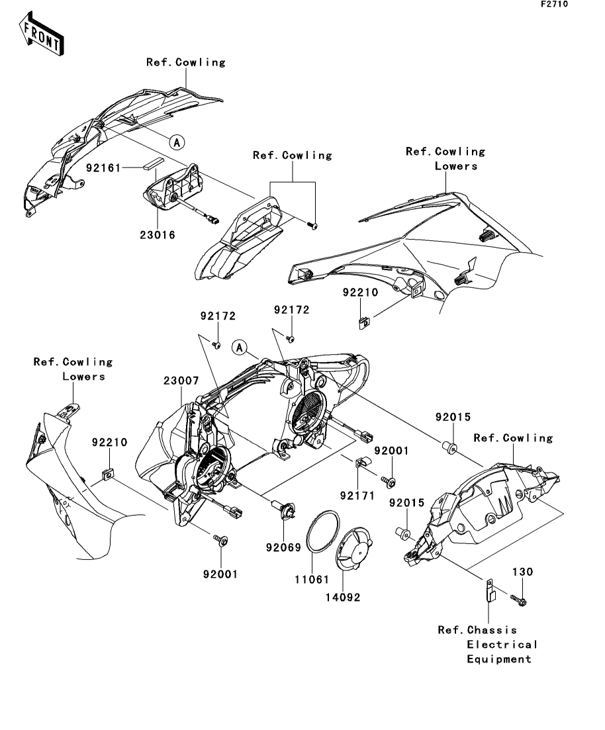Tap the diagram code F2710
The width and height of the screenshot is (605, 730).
pyautogui.click(x=554, y=4)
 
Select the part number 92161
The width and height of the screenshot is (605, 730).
pyautogui.click(x=103, y=169)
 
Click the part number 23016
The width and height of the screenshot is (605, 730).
pyautogui.click(x=158, y=234)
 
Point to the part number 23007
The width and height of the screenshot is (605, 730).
pyautogui.click(x=181, y=381)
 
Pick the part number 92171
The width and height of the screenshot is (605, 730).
pyautogui.click(x=357, y=494)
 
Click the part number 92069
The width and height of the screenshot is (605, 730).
pyautogui.click(x=284, y=547)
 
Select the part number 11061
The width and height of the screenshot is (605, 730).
pyautogui.click(x=311, y=579)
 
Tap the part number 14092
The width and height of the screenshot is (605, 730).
pyautogui.click(x=343, y=596)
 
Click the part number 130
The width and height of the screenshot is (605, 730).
pyautogui.click(x=522, y=570)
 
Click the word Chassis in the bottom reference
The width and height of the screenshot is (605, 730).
pyautogui.click(x=492, y=630)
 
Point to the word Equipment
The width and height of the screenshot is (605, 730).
pyautogui.click(x=499, y=659)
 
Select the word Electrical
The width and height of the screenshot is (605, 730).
pyautogui.click(x=502, y=645)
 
